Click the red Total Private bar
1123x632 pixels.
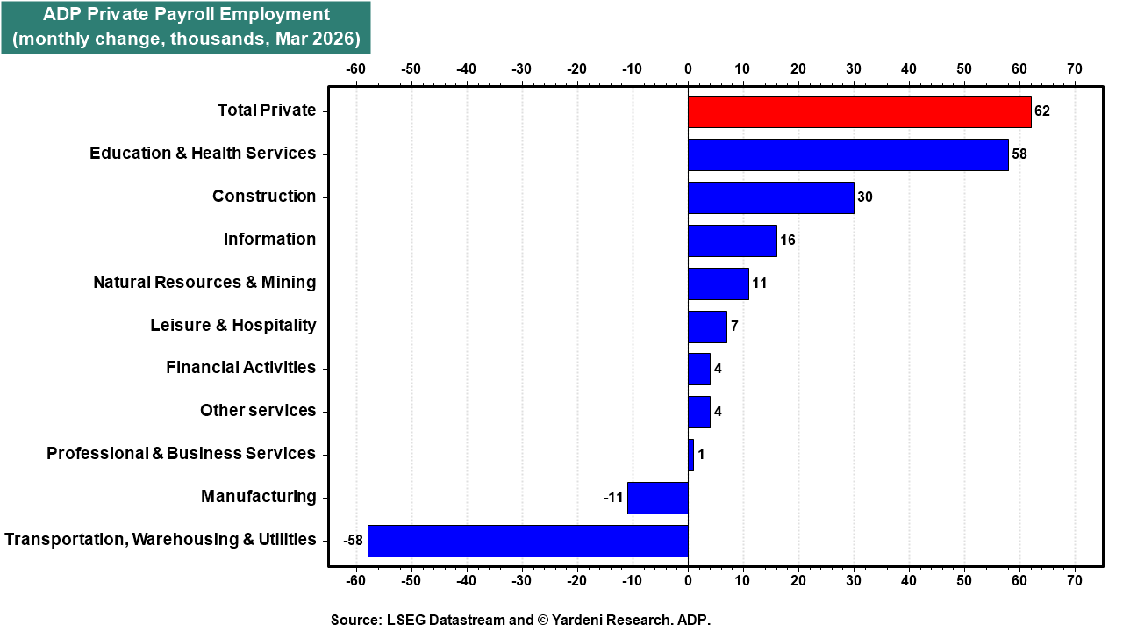pos(859,111)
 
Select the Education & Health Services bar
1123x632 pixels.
pos(848,155)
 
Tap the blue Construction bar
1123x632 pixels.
pos(771,198)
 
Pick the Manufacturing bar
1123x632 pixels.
pos(658,498)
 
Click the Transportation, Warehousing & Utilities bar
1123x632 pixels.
pos(528,542)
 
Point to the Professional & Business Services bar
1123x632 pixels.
pos(690,455)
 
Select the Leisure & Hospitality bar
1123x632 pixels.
pos(707,327)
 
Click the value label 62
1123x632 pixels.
pos(1041,111)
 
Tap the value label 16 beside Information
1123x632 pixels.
pos(788,241)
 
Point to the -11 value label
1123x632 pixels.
pos(613,498)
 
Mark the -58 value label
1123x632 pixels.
pos(353,540)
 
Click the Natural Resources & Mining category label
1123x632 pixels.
pos(204,283)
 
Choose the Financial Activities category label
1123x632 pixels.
pos(240,367)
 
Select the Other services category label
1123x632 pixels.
pos(258,410)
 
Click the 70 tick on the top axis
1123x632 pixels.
pos(1075,68)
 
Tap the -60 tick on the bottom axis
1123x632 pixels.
pos(355,581)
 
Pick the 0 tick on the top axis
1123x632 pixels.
pos(688,68)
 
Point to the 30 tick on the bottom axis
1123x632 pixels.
pos(854,581)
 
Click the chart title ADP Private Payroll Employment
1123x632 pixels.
pos(186,15)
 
